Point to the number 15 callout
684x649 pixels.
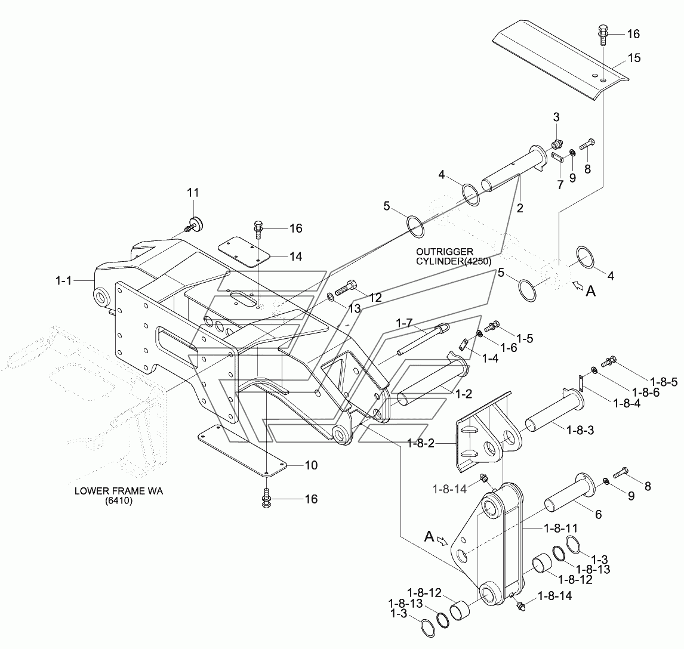pos(633,58)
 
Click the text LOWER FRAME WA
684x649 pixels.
pos(119,492)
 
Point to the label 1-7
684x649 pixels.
pos(404,323)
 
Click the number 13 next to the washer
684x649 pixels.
pos(355,308)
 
